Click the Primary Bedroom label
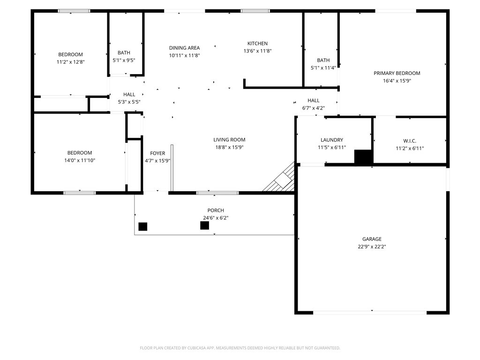[x=397, y=73]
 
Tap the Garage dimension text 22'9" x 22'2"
[x=371, y=247]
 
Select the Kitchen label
[x=257, y=44]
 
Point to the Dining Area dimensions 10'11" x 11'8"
[x=184, y=55]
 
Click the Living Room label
[x=229, y=140]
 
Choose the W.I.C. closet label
[x=409, y=141]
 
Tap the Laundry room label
[x=331, y=140]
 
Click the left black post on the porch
[x=143, y=226]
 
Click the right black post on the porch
[x=204, y=225]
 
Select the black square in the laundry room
[x=363, y=157]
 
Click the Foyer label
[x=157, y=153]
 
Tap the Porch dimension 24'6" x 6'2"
[x=216, y=218]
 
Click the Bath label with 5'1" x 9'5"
[x=124, y=53]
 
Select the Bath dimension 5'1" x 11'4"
[x=323, y=68]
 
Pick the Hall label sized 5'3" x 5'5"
[x=129, y=95]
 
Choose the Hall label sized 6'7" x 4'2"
[x=314, y=101]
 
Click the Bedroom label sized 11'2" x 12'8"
[x=70, y=54]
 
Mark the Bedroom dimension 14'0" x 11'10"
[x=79, y=160]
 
